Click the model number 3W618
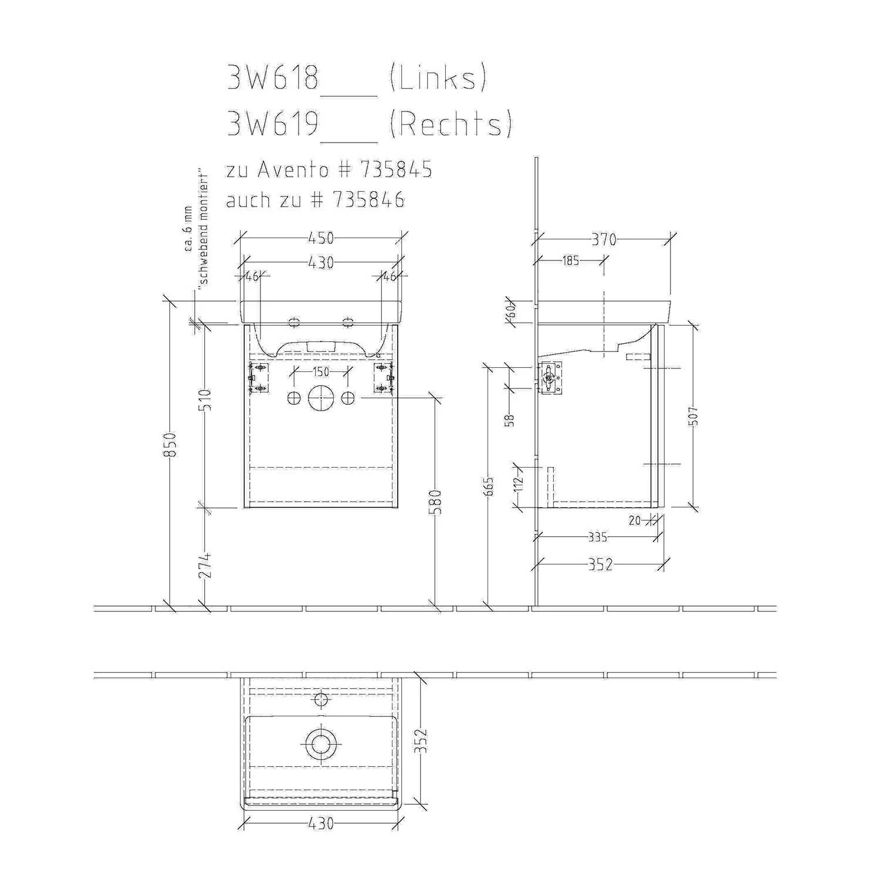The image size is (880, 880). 273,77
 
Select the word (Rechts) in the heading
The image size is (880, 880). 451,124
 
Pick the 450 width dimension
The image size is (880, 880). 321,238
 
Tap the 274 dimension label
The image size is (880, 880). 205,565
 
